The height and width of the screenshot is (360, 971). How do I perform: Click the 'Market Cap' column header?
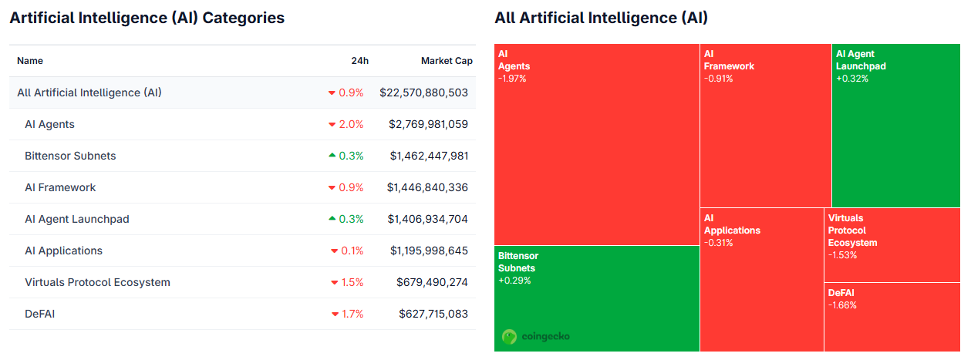click(x=447, y=61)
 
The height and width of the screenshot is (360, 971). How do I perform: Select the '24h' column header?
click(x=359, y=61)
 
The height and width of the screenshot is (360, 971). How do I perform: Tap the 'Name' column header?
click(x=30, y=61)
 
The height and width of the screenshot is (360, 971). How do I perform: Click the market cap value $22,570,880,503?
click(x=423, y=93)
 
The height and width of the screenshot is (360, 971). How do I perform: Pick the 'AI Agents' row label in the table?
click(x=49, y=124)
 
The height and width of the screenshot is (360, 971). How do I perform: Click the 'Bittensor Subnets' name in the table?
click(x=70, y=156)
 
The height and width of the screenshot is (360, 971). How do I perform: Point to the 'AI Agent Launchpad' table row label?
click(x=77, y=219)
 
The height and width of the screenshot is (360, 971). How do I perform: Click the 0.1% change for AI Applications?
click(x=352, y=251)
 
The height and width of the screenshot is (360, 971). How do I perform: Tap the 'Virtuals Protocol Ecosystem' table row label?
click(x=97, y=282)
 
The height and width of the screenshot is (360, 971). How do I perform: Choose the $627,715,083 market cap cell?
click(x=433, y=314)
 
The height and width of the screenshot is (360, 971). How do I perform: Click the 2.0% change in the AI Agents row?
click(x=351, y=124)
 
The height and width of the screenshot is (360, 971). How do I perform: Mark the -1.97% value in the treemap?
click(x=512, y=79)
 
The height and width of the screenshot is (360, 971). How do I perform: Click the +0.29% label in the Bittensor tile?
click(x=514, y=281)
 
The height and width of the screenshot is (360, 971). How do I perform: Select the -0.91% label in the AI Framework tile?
click(x=718, y=79)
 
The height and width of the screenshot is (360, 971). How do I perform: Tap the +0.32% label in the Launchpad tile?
click(x=851, y=79)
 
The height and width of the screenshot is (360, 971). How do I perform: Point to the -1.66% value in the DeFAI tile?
click(x=842, y=305)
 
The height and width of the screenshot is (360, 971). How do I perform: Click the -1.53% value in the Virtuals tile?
click(x=842, y=255)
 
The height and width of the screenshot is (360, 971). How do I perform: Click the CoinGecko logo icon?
click(x=509, y=337)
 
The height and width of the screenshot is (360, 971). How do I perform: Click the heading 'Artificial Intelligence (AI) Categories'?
click(x=147, y=18)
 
